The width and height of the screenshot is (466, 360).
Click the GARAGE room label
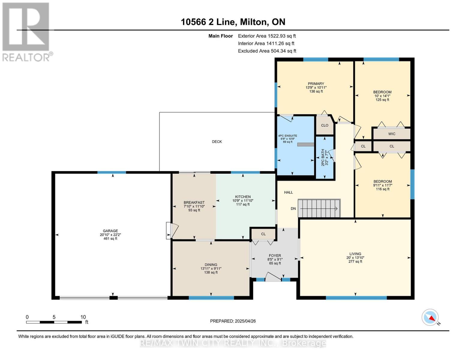(110, 231)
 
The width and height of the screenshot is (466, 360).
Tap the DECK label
(217, 142)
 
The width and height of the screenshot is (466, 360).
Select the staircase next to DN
(319, 208)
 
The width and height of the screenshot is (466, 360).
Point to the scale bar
(54, 322)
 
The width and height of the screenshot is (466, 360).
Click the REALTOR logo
(26, 32)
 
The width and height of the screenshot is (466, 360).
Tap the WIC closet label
(392, 134)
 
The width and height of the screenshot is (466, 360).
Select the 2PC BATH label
(323, 157)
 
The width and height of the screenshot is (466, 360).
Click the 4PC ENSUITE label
(287, 136)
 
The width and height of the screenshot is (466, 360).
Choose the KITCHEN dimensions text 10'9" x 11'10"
(243, 201)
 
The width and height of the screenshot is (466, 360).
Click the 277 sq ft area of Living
(355, 261)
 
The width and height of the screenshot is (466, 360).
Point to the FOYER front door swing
(273, 277)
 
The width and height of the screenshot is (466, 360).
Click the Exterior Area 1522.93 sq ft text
(267, 36)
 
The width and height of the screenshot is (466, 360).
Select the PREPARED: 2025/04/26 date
(233, 321)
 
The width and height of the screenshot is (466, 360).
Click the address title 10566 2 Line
(209, 22)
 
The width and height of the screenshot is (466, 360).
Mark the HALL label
(288, 192)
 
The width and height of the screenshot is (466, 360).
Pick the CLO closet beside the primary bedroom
(325, 125)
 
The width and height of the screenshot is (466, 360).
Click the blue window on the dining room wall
(211, 298)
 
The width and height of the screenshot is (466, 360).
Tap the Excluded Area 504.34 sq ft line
(267, 51)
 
